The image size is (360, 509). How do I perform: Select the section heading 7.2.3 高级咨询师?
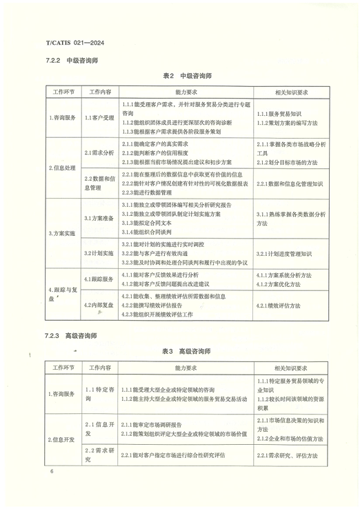71,336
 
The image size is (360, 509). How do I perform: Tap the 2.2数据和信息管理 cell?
99,182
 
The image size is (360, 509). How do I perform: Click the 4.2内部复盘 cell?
99,304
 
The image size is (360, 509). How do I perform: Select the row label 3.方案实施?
63,234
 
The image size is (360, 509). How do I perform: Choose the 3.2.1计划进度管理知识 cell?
288,254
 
